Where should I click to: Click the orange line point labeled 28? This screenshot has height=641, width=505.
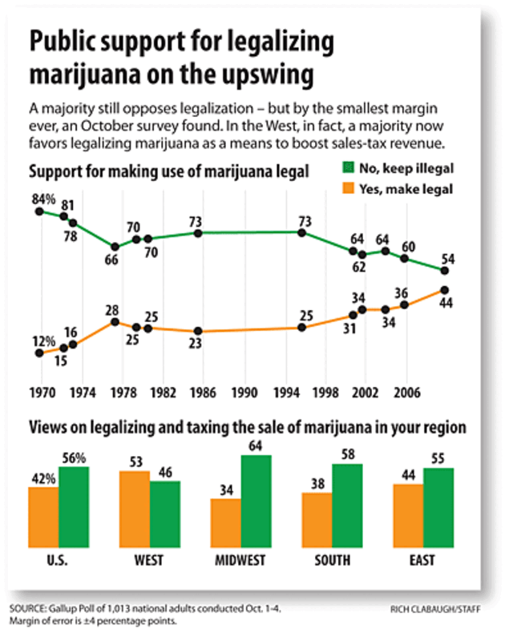click(115, 321)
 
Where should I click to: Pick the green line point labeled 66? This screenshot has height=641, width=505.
click(115, 247)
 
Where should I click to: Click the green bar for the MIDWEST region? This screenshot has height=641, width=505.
click(257, 499)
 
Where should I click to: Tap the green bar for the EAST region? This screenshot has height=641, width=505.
click(439, 506)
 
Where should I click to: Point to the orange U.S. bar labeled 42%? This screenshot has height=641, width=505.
click(43, 515)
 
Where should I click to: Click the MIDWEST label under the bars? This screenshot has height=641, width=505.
click(241, 560)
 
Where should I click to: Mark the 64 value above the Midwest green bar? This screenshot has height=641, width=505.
click(257, 445)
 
